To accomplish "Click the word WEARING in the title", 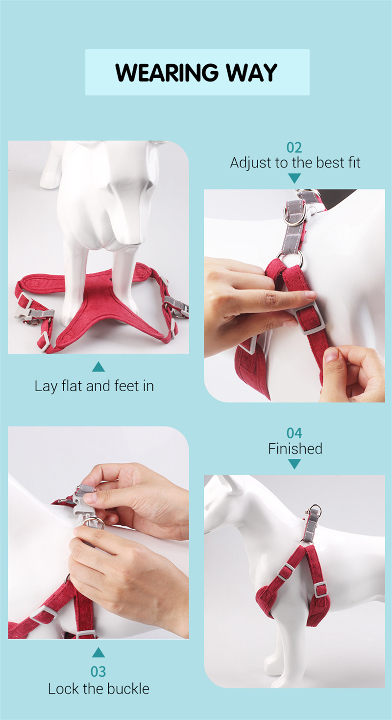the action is (x=167, y=72).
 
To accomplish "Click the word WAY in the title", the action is (x=251, y=72).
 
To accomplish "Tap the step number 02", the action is (x=294, y=148).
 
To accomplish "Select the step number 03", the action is (x=98, y=671).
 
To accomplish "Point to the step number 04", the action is (x=294, y=433).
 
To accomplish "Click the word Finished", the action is (x=295, y=449).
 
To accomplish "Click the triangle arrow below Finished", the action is (x=294, y=464).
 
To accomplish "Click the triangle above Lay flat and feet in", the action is (x=98, y=367).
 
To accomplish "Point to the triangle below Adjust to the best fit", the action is (x=294, y=178).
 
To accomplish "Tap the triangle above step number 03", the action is (x=98, y=653).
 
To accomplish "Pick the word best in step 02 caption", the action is (x=330, y=162).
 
